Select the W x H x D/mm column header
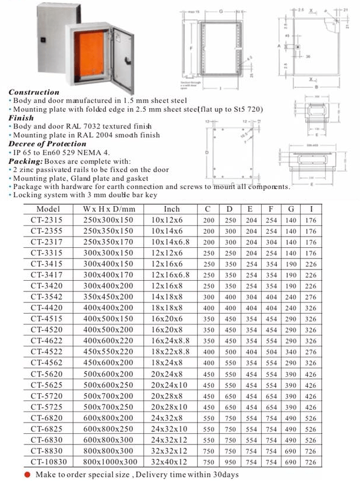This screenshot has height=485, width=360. [109, 209]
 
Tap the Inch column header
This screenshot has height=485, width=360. [172, 209]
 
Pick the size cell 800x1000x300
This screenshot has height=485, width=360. [110, 463]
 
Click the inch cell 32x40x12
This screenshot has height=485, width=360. [169, 463]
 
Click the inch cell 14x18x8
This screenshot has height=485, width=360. [166, 297]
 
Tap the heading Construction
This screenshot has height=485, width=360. [34, 92]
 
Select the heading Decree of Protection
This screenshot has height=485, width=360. [47, 144]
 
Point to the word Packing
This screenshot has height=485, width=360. [25, 161]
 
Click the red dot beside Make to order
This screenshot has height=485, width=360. [27, 474]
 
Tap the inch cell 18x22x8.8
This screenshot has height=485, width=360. [171, 352]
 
